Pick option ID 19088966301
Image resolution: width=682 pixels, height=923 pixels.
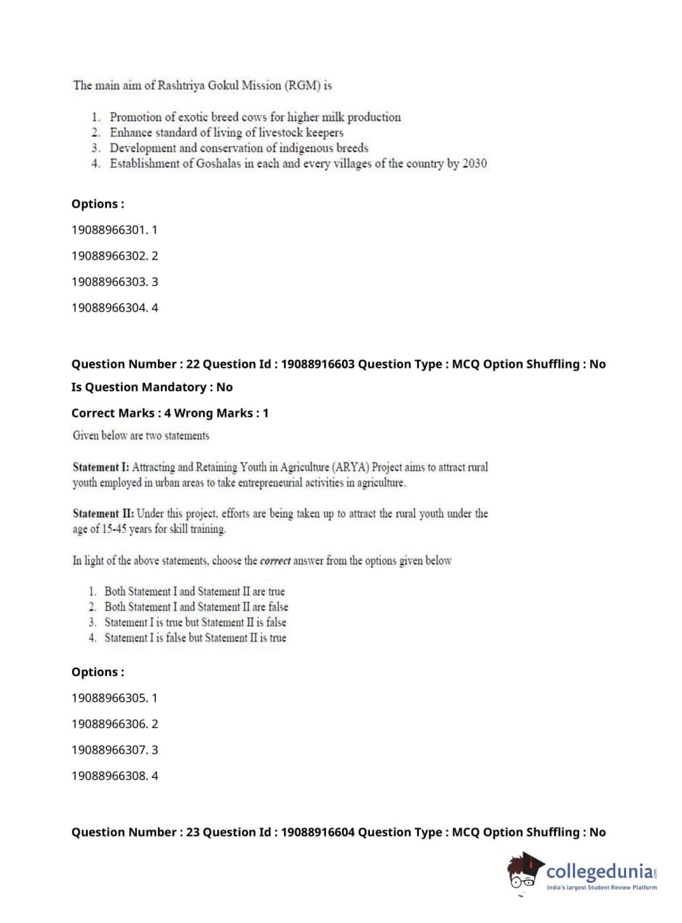(x=108, y=230)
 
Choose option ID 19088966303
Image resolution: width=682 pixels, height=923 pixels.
(x=109, y=282)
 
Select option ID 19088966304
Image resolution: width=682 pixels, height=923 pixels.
(x=109, y=308)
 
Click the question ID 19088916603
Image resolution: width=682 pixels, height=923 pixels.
(x=317, y=364)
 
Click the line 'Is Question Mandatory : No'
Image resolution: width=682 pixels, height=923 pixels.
(x=152, y=387)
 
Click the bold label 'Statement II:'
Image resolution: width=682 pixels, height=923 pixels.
(x=103, y=514)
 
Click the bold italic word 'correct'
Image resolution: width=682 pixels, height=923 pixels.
(x=275, y=561)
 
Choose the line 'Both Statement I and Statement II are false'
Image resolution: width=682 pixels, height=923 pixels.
(x=196, y=607)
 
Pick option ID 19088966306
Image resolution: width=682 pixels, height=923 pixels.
(x=109, y=724)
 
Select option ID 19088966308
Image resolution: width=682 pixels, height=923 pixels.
(x=109, y=776)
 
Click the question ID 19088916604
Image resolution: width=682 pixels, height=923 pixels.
(x=317, y=832)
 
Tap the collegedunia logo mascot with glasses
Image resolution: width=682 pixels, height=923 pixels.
(x=525, y=871)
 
